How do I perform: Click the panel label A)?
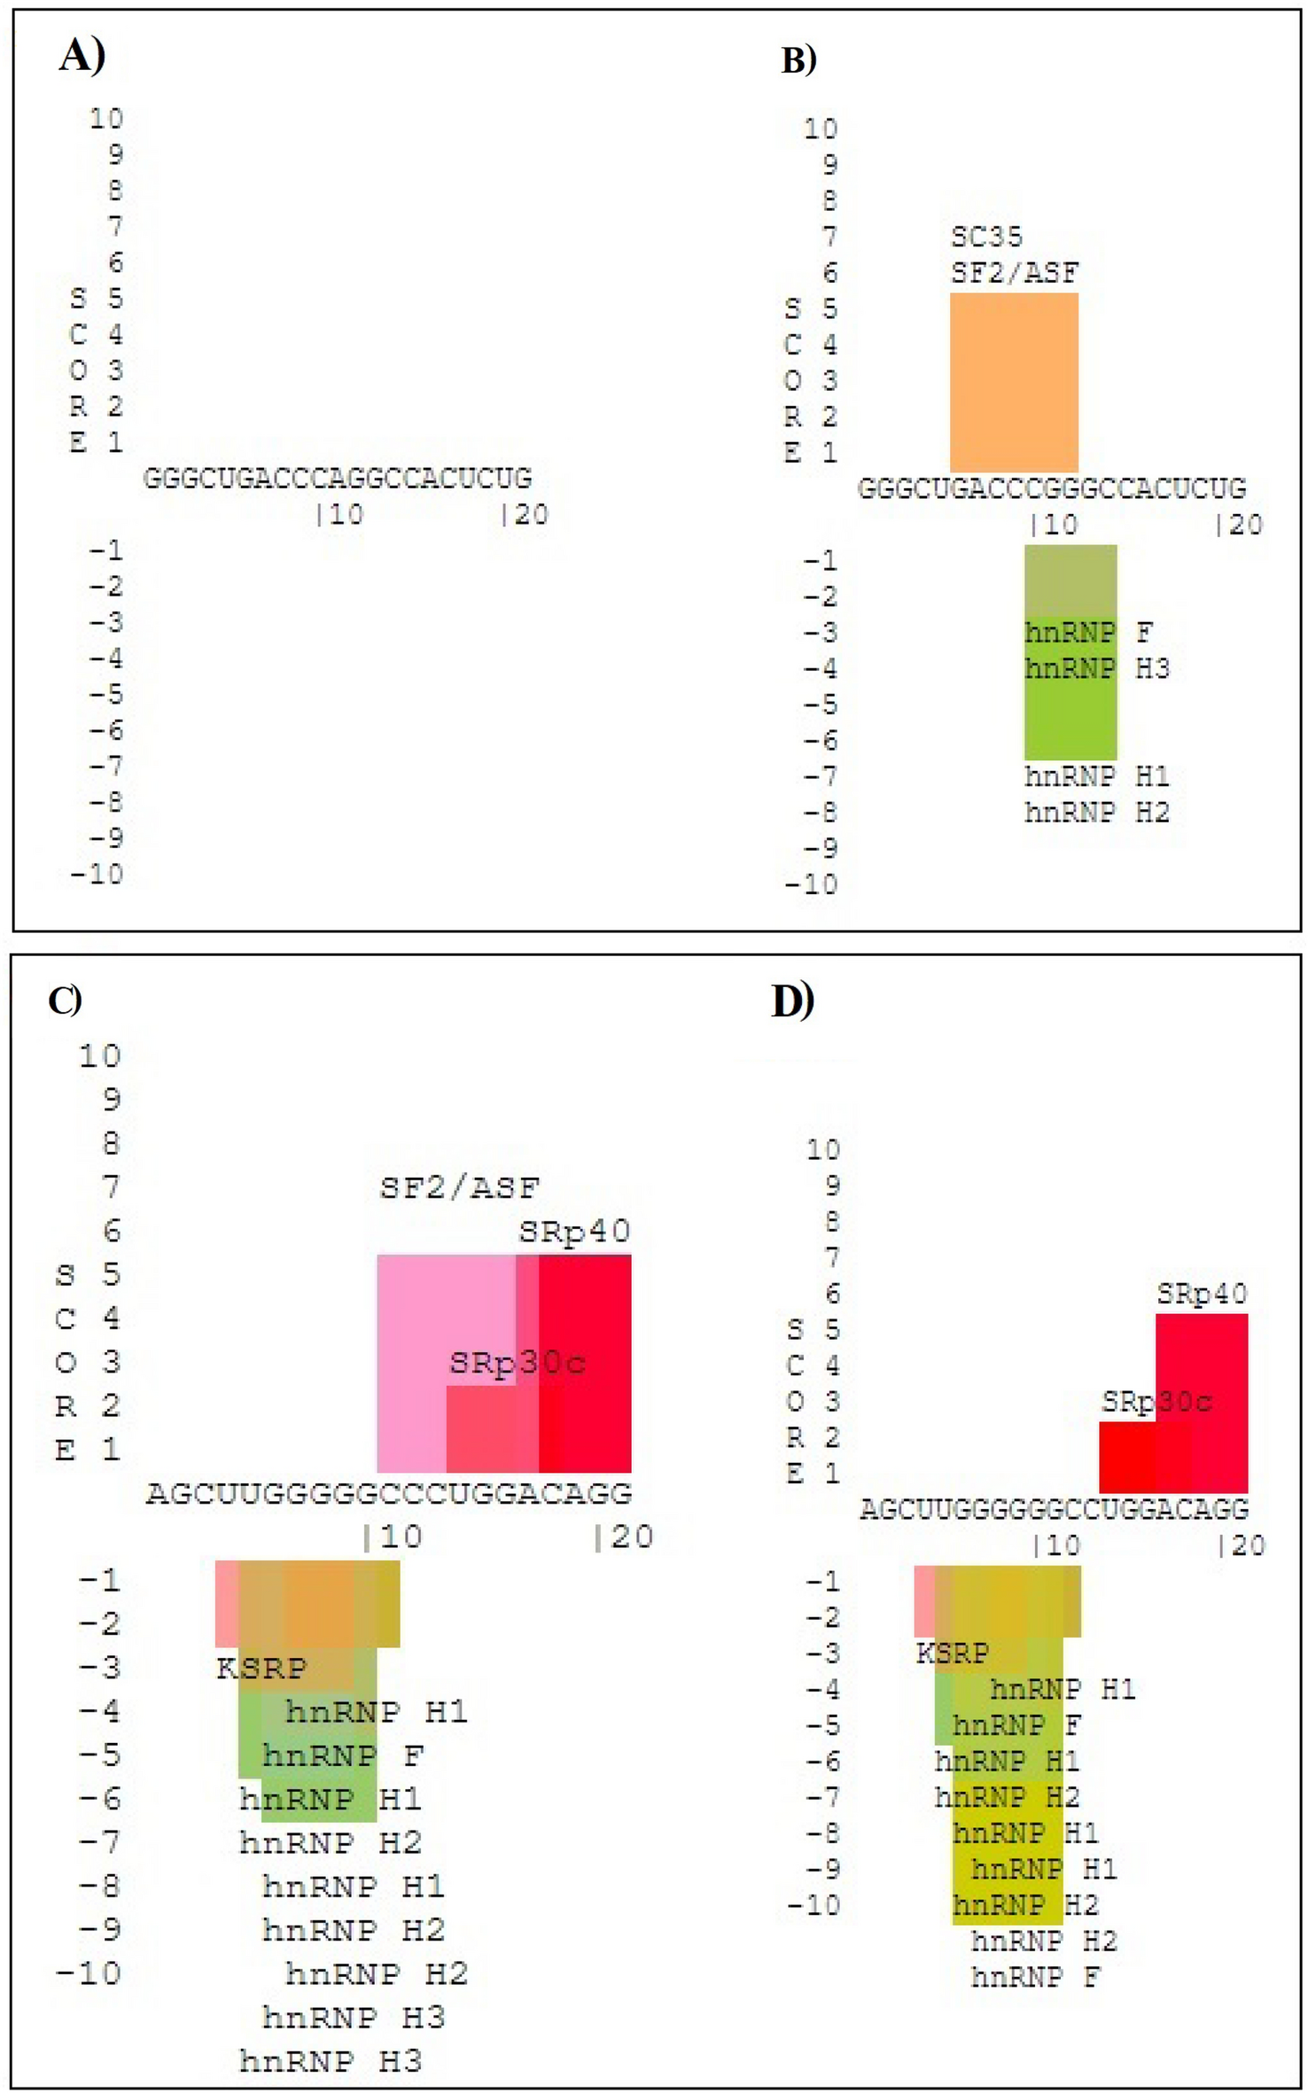click(82, 57)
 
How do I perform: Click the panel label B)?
click(798, 60)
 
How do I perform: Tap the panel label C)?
click(65, 1000)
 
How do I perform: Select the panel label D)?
click(792, 1000)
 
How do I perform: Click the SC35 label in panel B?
click(986, 237)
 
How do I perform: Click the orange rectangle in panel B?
click(1014, 382)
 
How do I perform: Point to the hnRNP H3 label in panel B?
click(1097, 668)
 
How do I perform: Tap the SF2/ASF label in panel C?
click(459, 1187)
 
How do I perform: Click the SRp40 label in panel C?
click(574, 1231)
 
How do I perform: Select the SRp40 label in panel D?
click(1202, 1295)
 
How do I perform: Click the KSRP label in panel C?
click(261, 1669)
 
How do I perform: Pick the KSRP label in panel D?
click(952, 1653)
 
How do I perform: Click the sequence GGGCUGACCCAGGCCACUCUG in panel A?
click(338, 479)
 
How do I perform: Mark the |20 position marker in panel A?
click(525, 515)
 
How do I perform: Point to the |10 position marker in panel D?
click(1056, 1545)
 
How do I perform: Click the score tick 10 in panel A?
click(105, 119)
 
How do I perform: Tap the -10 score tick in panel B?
click(811, 884)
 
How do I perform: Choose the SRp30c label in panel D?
click(1156, 1402)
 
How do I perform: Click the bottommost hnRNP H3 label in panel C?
click(331, 2061)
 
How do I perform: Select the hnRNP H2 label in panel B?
click(1097, 813)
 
